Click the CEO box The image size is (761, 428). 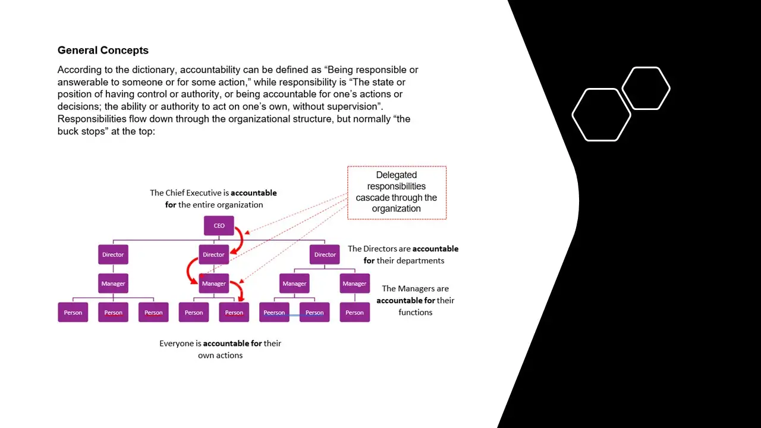coord(219,226)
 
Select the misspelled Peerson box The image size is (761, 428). coord(274,313)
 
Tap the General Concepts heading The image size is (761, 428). coord(103,51)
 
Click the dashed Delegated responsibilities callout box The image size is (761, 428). coord(397,192)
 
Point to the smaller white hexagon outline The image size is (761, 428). coord(646,89)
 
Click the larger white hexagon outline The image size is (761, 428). coord(601,115)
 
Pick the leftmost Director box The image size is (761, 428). coord(113,254)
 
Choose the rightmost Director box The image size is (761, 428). coord(325,254)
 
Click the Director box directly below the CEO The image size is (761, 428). coord(213,254)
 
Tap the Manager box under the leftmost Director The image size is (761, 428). coord(113,284)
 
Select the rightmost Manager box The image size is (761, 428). coord(354,284)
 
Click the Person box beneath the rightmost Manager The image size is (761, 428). coord(354,313)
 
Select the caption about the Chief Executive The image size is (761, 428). coord(213,199)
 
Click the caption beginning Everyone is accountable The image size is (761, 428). coord(220,349)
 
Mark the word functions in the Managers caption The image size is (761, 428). coord(415,312)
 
